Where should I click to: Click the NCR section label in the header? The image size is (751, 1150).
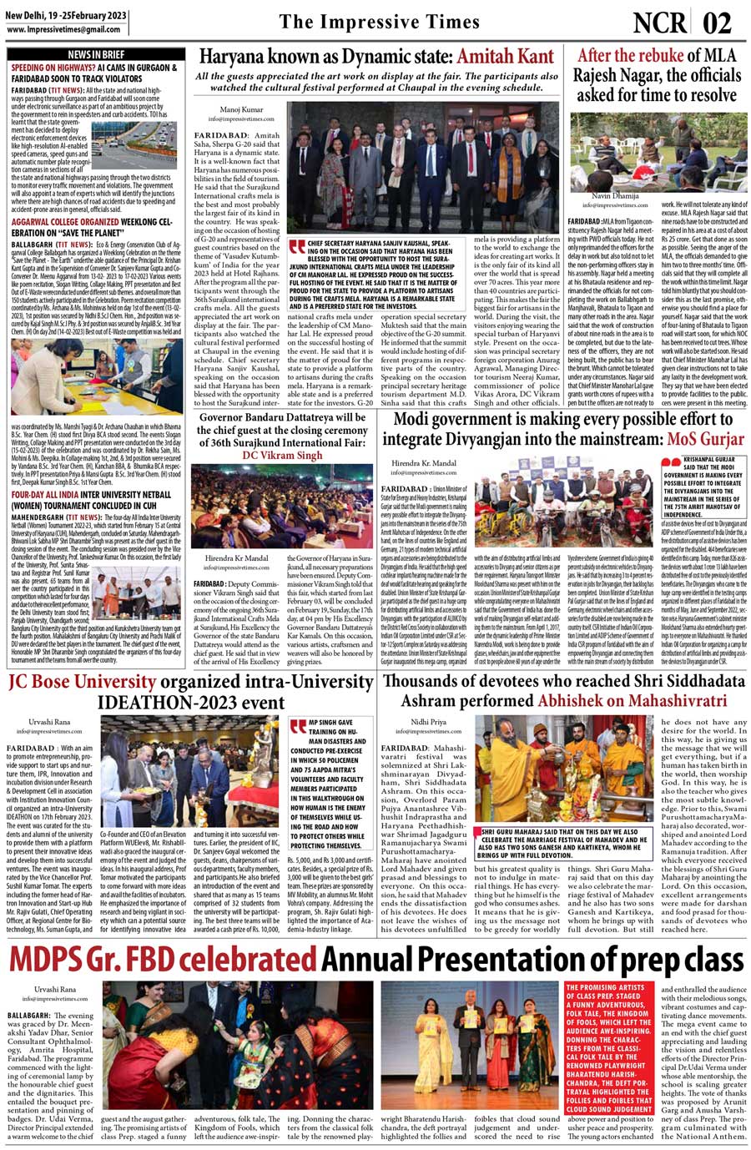tap(658, 23)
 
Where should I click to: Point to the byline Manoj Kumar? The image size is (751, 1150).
tap(241, 109)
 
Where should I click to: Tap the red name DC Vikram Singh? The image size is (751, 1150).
tap(282, 456)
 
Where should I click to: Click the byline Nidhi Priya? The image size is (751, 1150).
tap(428, 721)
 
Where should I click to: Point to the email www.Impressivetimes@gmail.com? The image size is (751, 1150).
tap(63, 29)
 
